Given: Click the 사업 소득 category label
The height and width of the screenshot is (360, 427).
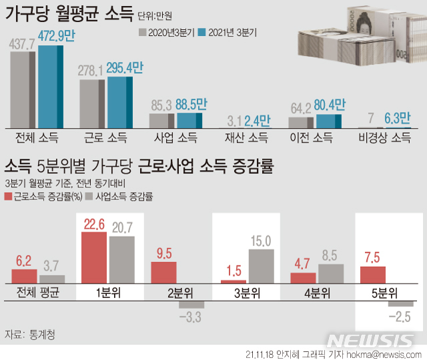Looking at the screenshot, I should [x=176, y=138].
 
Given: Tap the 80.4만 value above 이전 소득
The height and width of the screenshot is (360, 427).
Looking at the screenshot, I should [x=329, y=105].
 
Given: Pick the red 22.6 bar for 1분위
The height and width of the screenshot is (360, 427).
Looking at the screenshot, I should [x=93, y=259].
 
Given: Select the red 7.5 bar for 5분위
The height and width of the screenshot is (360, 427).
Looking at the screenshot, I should [x=372, y=275].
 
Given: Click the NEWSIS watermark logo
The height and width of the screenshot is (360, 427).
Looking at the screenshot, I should [x=377, y=339].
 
